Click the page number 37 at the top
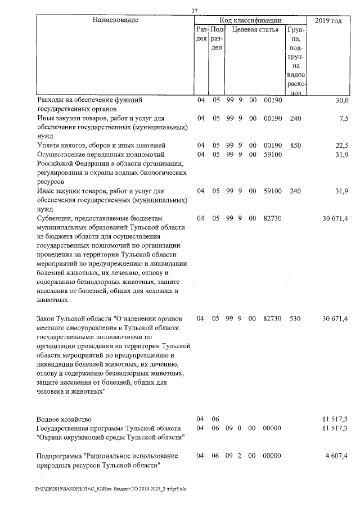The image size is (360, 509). (194, 10)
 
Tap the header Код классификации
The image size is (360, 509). (250, 20)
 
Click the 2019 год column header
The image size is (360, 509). (328, 21)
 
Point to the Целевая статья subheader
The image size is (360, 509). (255, 29)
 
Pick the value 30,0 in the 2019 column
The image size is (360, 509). (342, 101)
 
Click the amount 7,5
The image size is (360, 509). (344, 119)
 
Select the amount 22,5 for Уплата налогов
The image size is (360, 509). (342, 146)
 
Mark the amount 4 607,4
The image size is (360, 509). (336, 455)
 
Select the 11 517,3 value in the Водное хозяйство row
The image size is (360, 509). (335, 420)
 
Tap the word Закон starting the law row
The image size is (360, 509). (47, 319)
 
